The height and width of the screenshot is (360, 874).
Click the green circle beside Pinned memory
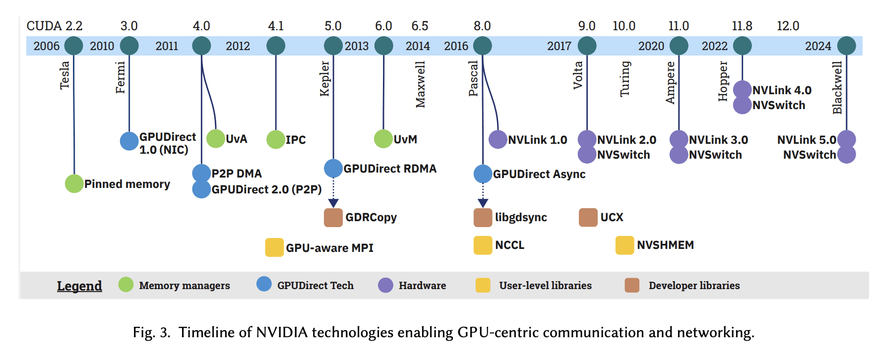(74, 184)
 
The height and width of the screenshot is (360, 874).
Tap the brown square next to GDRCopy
(333, 217)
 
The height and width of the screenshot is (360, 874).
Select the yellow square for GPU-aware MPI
(274, 247)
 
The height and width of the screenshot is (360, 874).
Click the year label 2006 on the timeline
(46, 46)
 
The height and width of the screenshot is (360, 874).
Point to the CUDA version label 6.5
(420, 26)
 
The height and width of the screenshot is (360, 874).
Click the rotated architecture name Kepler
(324, 78)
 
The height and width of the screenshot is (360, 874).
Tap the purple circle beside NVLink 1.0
(498, 140)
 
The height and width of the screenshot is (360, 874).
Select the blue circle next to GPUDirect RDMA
(333, 169)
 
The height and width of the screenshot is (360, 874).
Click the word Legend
(79, 286)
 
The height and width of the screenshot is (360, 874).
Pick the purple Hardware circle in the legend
(385, 285)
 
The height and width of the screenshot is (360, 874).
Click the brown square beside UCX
(588, 217)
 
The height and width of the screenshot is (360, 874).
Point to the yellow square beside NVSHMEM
(624, 245)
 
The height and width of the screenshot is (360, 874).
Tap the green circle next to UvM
(383, 139)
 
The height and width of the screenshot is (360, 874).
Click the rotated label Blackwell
(837, 87)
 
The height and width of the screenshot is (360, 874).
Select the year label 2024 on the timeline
(818, 46)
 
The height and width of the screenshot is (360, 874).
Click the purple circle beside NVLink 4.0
(742, 90)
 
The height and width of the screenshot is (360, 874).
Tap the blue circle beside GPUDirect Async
(483, 174)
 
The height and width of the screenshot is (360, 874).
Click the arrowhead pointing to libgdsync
(483, 203)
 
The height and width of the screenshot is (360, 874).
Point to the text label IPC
(296, 140)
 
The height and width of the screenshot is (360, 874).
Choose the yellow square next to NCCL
(483, 245)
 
